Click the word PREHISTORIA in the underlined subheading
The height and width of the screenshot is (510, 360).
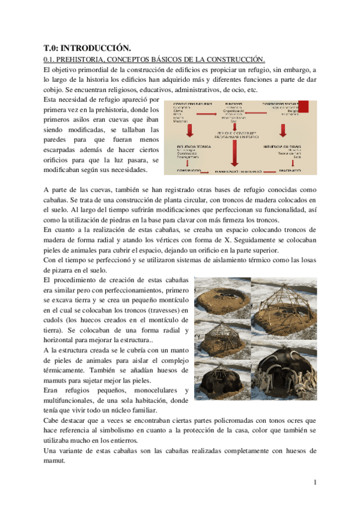[81, 59]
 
